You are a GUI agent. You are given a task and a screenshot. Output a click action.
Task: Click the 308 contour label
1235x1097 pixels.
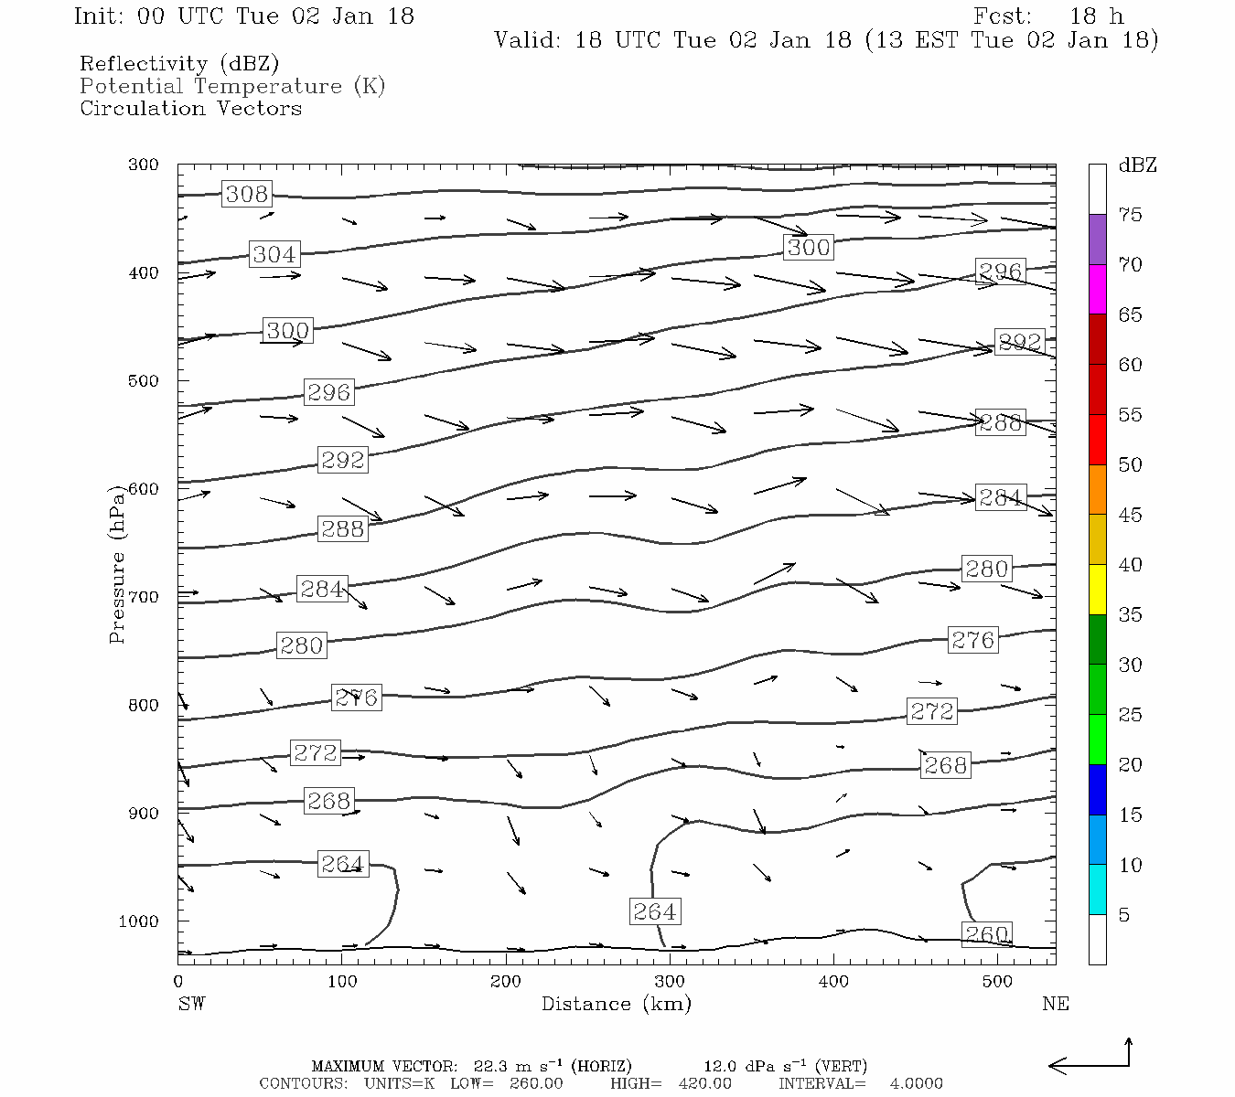[247, 194]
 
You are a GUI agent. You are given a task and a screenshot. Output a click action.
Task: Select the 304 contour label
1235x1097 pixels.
[274, 254]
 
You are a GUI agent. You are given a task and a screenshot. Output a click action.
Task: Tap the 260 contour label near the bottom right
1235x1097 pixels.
[987, 934]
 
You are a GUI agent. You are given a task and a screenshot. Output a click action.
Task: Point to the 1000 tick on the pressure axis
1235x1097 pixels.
[138, 921]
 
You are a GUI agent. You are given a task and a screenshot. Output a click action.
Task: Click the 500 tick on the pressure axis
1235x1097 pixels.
[143, 380]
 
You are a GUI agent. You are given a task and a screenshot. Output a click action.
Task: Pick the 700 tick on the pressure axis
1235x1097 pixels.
[143, 597]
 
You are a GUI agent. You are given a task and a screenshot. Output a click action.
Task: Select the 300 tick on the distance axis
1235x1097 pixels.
[670, 982]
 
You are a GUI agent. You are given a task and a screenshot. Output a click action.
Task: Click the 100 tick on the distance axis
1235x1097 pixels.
[342, 982]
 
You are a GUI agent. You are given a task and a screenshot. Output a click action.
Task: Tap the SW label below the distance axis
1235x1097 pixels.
[191, 1004]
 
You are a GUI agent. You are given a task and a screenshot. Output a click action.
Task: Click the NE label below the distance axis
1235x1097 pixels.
[1055, 1004]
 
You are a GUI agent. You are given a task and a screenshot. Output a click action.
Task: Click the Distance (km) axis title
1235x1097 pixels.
[616, 1004]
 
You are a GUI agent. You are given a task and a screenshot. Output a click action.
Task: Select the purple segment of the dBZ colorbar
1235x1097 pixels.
[1097, 240]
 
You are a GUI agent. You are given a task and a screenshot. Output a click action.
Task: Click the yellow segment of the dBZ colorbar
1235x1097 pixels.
[1097, 590]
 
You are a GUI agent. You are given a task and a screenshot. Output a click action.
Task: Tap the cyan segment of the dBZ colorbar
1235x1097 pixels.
[1097, 889]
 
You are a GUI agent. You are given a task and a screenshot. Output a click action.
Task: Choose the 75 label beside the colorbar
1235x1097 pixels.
[1130, 215]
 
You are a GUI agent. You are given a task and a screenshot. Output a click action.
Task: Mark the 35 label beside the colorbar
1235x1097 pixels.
[1130, 615]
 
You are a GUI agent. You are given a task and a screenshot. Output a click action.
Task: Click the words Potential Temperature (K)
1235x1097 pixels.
[232, 87]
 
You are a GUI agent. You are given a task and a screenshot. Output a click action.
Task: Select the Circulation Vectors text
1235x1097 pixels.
[190, 109]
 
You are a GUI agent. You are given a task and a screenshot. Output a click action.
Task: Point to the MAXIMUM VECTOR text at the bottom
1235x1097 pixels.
[384, 1066]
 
